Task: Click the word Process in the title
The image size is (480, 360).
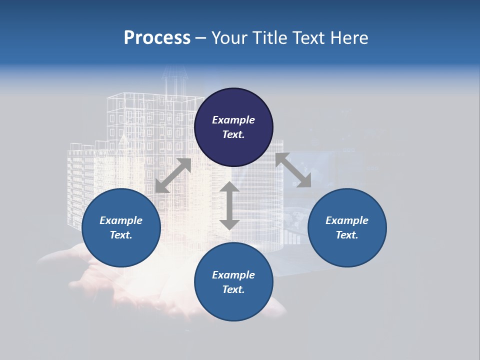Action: click(x=157, y=38)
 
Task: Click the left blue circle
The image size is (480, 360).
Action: click(x=121, y=227)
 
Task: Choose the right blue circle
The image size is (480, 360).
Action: click(x=347, y=227)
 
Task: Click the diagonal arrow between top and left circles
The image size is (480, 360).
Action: click(x=173, y=175)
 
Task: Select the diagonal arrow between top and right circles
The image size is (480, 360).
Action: click(x=293, y=170)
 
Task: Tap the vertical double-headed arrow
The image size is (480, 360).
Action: click(x=229, y=205)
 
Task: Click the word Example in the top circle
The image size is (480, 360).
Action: click(x=233, y=120)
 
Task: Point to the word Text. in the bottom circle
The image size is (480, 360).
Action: click(x=233, y=289)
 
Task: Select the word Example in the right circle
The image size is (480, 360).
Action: click(x=347, y=220)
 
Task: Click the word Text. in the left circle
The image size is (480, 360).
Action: click(x=121, y=235)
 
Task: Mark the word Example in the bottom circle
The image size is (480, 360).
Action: click(x=233, y=275)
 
